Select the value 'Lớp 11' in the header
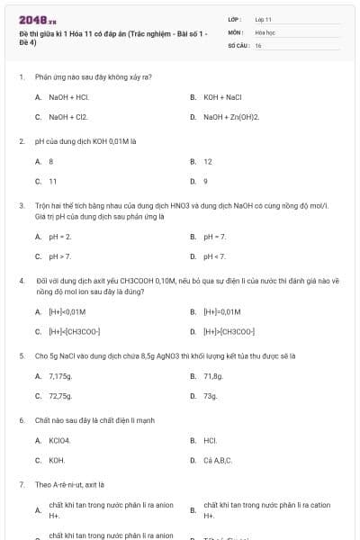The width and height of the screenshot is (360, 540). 264,19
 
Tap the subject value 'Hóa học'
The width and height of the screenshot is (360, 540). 264,31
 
